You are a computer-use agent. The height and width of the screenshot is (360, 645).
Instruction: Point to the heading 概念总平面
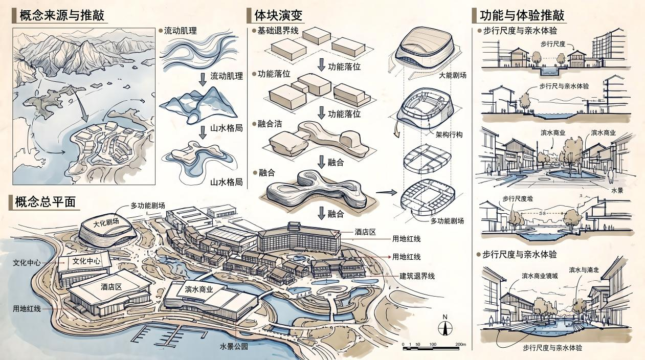[x=45, y=202]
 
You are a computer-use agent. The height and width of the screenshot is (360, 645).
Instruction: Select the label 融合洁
[x=270, y=124]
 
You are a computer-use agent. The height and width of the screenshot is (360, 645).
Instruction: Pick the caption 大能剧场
[x=453, y=75]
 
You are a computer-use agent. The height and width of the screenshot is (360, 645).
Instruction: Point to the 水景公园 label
[x=234, y=346]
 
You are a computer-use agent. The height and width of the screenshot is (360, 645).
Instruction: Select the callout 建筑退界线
[x=417, y=276]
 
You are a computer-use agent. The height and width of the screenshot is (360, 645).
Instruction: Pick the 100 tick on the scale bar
[x=433, y=344]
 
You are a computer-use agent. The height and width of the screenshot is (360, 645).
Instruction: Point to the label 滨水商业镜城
[x=540, y=276]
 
